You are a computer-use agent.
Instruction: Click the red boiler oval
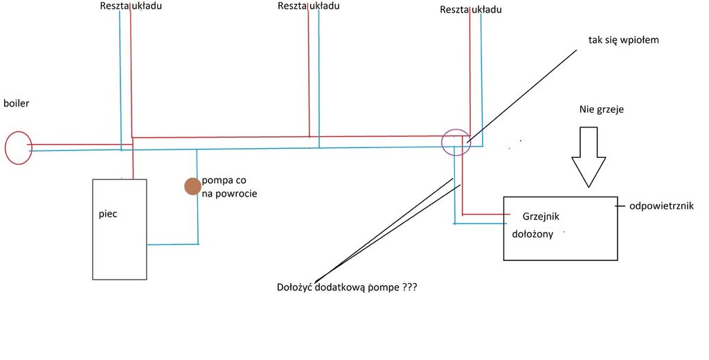[18, 148]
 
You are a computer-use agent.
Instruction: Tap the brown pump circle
[192, 186]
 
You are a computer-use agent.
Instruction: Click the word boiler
[16, 103]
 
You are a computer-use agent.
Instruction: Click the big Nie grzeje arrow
[589, 156]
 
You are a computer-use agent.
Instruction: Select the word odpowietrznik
[661, 206]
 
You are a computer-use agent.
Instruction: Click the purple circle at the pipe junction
[456, 142]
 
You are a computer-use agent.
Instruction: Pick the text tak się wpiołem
[623, 40]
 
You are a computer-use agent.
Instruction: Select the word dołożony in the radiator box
[532, 234]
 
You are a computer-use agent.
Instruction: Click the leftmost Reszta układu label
[131, 6]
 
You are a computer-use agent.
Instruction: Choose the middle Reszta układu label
[307, 6]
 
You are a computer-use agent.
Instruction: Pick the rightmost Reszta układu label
[471, 10]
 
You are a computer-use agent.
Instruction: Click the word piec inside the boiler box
[108, 214]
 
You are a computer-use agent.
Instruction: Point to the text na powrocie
[229, 194]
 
